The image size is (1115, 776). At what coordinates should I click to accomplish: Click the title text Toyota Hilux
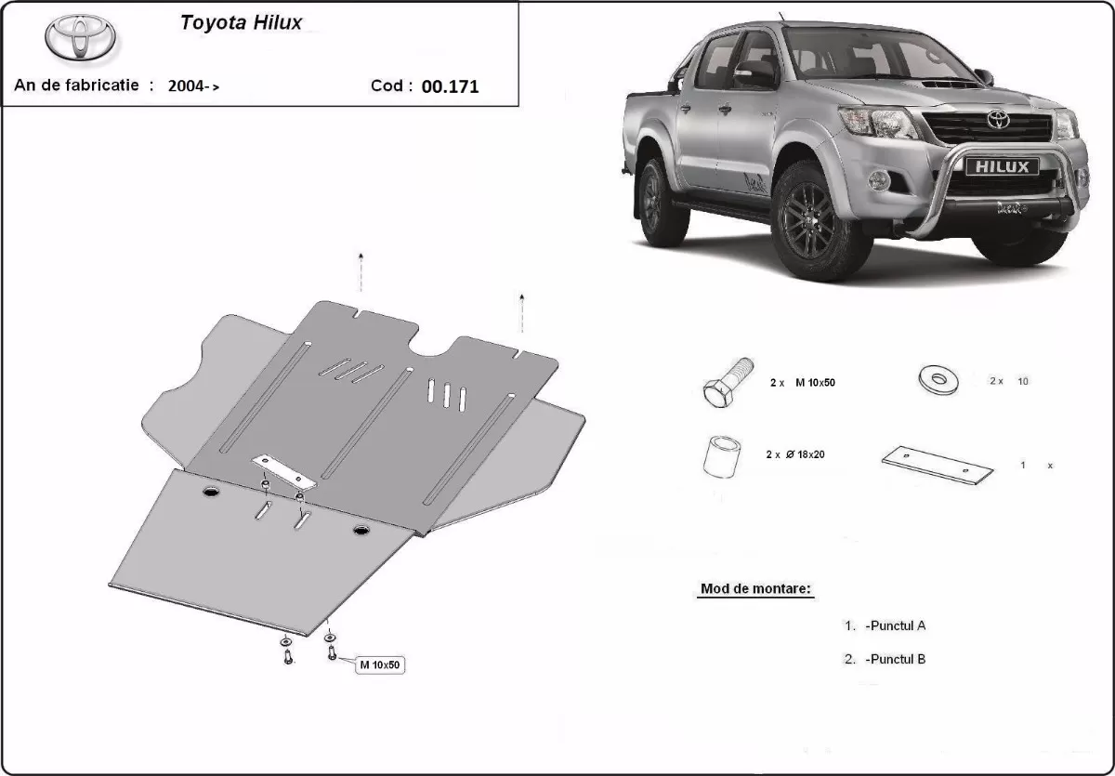point(241,23)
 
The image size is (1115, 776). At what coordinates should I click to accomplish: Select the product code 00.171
point(451,86)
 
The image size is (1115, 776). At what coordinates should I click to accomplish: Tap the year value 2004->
point(194,85)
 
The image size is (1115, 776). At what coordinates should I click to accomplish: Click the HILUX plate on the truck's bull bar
point(994,166)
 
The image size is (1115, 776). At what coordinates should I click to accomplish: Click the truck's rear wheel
point(663,200)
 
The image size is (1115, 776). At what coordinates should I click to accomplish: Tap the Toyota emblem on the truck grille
point(998,119)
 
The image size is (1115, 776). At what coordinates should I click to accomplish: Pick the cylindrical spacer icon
point(723,455)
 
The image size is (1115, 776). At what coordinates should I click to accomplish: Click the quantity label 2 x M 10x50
point(802,382)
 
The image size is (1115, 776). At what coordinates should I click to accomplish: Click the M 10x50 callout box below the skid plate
point(381,664)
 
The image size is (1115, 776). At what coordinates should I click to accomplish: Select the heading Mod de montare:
point(755,589)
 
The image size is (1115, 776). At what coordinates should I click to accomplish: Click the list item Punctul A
point(894,625)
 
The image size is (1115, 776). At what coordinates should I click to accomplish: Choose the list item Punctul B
point(894,659)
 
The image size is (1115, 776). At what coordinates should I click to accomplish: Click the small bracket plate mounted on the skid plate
point(285,472)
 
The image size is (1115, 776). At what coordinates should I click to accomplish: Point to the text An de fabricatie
point(76,85)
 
